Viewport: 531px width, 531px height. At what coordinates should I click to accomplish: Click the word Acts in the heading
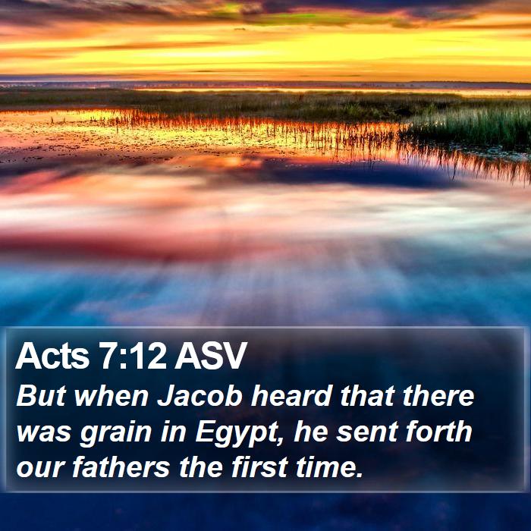(x=52, y=356)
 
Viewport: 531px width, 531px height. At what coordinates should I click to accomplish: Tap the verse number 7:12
(x=133, y=356)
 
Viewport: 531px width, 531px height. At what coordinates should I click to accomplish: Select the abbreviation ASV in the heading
(x=210, y=356)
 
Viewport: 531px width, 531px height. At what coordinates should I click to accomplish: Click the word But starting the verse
(x=41, y=395)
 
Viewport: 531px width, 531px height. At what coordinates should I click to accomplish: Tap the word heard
(x=291, y=395)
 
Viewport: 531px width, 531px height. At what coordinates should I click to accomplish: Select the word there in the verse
(x=438, y=395)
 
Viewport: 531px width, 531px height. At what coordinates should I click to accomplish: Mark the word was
(x=44, y=432)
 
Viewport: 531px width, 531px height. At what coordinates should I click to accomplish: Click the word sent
(x=366, y=432)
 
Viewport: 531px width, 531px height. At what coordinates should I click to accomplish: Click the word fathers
(x=121, y=467)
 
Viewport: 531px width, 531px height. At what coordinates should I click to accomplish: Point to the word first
(x=259, y=467)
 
